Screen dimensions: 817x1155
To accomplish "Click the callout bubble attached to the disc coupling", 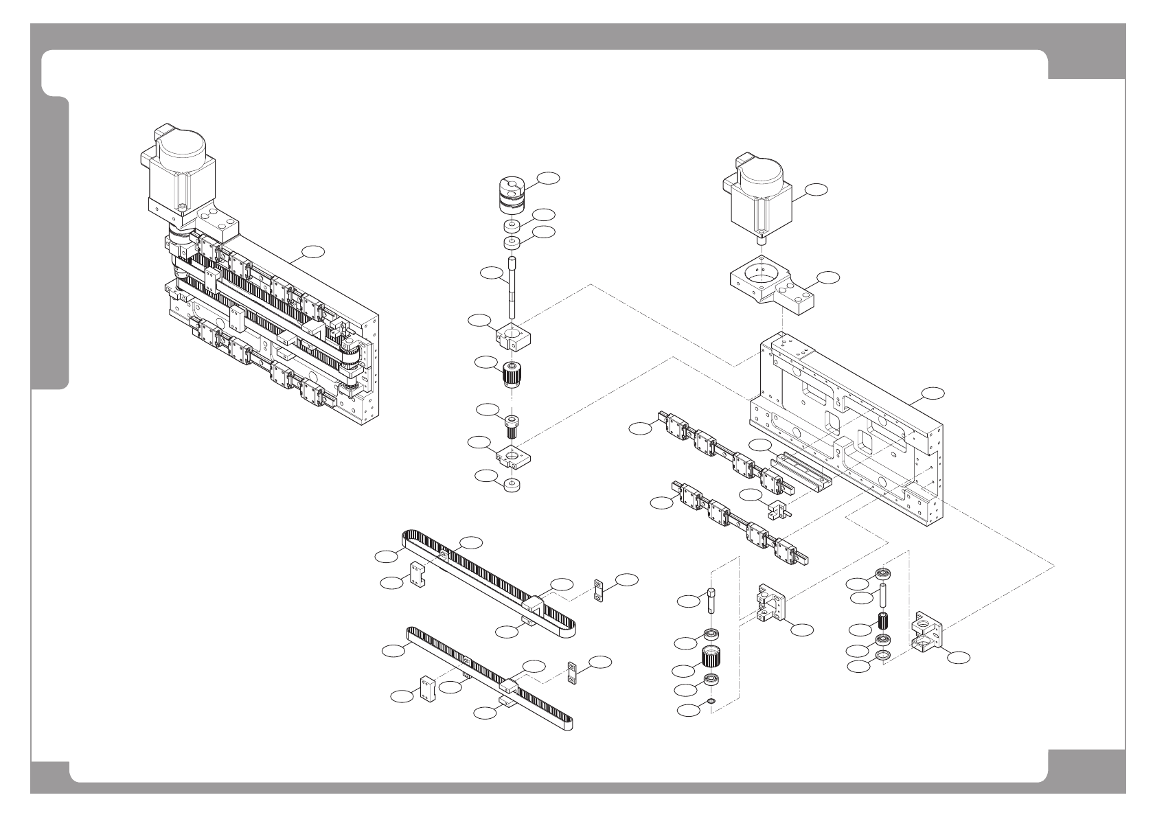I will (x=548, y=178).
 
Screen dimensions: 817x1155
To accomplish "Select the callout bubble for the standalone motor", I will (x=816, y=189).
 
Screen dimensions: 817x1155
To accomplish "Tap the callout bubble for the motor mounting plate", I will (x=828, y=277).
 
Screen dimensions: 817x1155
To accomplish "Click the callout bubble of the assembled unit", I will (x=313, y=252).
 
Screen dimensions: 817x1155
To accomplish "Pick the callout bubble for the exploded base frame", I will (x=933, y=393).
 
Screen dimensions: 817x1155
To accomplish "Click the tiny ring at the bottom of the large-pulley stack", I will (x=711, y=701).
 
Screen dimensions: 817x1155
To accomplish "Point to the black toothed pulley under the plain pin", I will (x=884, y=622).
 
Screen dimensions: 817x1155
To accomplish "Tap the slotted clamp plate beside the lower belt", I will (x=573, y=673).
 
